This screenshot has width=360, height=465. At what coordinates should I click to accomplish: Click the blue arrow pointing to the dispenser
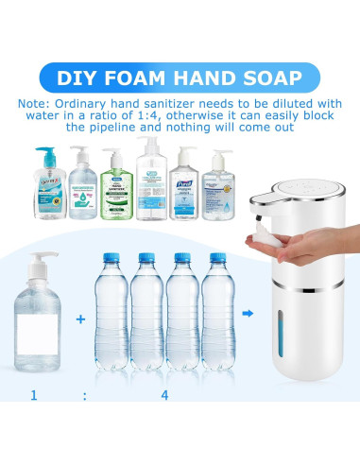click(x=248, y=315)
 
